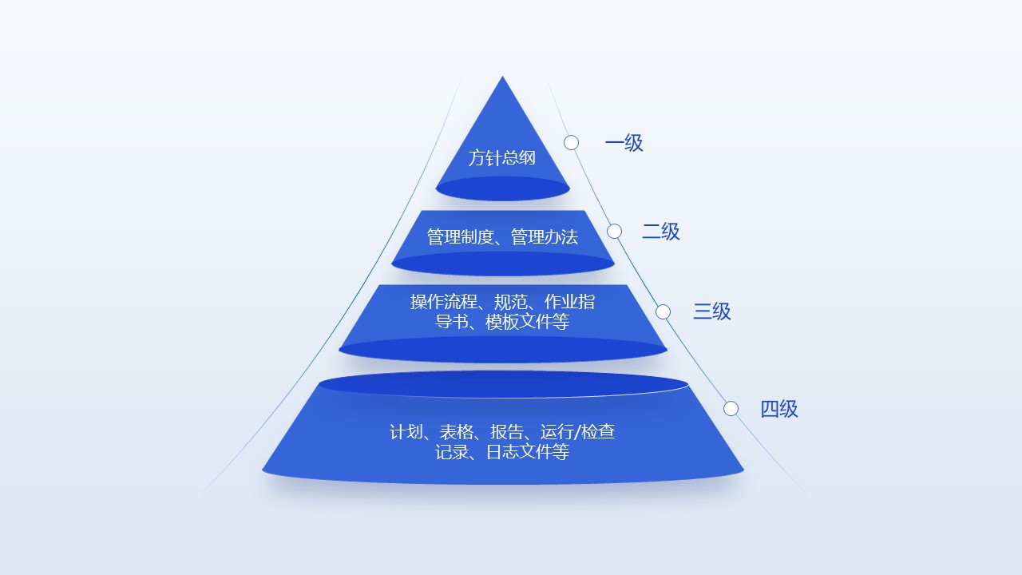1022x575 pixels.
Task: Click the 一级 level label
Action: click(624, 143)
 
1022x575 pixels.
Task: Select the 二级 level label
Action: click(661, 232)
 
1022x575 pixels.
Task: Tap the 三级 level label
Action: click(711, 311)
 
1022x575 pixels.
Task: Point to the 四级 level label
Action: click(778, 409)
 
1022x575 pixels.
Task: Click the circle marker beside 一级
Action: click(571, 142)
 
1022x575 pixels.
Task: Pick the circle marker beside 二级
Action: click(614, 231)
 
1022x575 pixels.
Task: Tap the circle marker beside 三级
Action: click(663, 311)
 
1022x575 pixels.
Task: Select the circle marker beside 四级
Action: click(731, 408)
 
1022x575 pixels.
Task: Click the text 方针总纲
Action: click(502, 158)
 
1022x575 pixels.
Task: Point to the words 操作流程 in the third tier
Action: click(443, 302)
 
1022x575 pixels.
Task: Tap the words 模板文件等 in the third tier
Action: click(527, 322)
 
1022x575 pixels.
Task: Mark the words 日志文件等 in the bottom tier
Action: click(527, 452)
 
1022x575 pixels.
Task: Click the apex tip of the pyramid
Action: click(502, 77)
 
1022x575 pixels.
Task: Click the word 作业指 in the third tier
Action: click(569, 302)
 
